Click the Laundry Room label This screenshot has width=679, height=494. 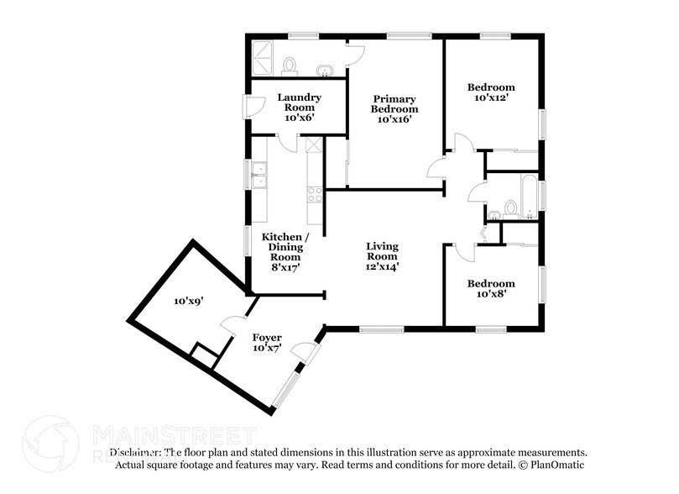(299, 108)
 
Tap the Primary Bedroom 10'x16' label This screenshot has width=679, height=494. (395, 108)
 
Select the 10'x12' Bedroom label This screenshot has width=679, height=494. (491, 92)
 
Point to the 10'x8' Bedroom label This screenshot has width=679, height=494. (491, 288)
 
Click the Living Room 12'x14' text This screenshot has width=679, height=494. (382, 256)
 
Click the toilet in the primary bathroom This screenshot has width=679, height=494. (290, 65)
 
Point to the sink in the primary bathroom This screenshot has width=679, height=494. (324, 68)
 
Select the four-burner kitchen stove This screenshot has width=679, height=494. (316, 194)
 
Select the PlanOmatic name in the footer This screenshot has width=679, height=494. (555, 464)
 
